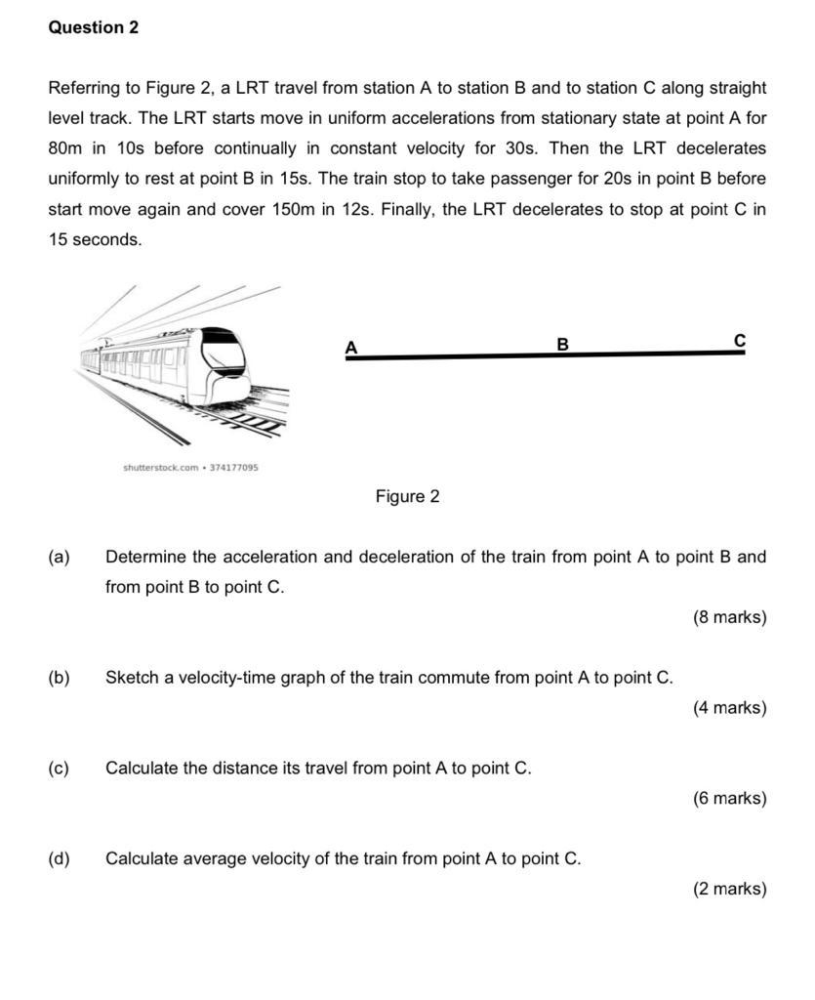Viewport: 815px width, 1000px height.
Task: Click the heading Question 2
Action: [94, 27]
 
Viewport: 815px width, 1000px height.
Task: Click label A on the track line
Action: [351, 347]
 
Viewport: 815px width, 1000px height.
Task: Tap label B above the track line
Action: [562, 344]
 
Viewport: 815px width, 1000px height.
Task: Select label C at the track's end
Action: [739, 340]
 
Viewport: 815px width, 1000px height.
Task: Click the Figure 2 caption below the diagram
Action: [407, 496]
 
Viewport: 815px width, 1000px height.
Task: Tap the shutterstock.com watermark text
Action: [190, 468]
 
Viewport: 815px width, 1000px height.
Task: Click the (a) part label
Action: [60, 557]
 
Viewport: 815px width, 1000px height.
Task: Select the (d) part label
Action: [60, 858]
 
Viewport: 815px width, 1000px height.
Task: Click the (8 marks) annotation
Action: [729, 617]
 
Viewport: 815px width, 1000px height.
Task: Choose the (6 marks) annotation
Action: [729, 798]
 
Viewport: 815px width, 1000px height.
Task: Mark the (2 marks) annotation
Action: [729, 889]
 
